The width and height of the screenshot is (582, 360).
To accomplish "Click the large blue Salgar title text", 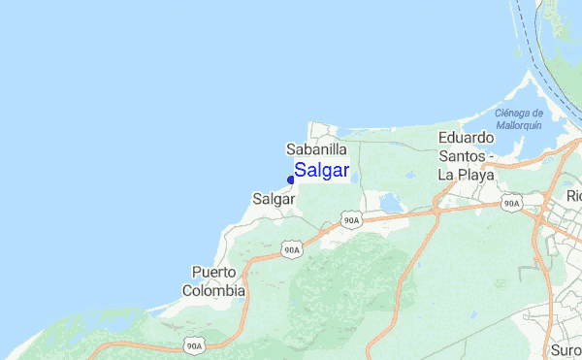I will tap(322, 171).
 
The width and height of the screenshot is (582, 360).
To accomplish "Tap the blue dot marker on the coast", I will tap(291, 179).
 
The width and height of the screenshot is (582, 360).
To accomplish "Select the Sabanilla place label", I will tap(316, 149).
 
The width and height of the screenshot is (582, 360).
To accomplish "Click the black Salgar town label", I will tap(274, 198).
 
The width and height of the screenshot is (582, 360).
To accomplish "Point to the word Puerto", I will tap(214, 272).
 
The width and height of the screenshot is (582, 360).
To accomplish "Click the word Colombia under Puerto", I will tap(213, 290).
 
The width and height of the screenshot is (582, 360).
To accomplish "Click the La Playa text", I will tap(467, 176).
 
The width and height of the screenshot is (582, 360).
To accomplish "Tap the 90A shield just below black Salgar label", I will tap(292, 249).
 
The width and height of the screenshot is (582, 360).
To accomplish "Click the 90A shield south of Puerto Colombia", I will tap(195, 345).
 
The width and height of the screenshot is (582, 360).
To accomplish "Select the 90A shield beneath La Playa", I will tap(512, 204).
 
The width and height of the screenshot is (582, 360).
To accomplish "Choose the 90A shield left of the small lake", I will tap(352, 221).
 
